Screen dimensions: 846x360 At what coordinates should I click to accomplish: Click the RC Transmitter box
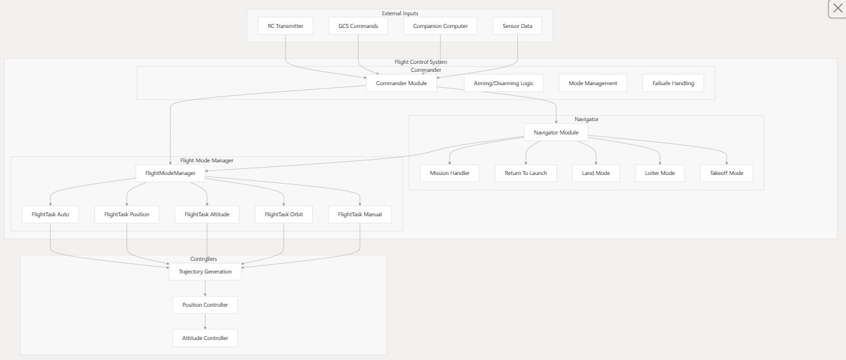click(x=285, y=26)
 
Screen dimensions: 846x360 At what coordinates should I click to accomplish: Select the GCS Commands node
click(x=358, y=26)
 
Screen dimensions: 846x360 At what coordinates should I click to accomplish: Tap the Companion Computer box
click(x=440, y=26)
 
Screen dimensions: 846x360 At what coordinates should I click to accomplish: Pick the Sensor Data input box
click(x=517, y=26)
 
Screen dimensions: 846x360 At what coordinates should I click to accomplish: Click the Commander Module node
click(x=401, y=84)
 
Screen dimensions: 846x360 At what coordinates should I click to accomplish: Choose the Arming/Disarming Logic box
click(x=503, y=84)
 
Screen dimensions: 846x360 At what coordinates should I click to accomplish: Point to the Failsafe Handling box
click(x=672, y=84)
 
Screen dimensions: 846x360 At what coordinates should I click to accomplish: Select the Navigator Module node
click(x=556, y=132)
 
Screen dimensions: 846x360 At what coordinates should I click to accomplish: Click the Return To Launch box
click(x=525, y=173)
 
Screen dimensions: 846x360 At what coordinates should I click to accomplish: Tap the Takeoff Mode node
click(x=726, y=173)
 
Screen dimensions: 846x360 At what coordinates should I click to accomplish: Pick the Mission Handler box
click(x=449, y=173)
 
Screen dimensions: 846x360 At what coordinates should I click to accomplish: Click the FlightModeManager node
click(x=170, y=173)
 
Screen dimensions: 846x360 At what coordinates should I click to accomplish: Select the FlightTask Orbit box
click(x=284, y=214)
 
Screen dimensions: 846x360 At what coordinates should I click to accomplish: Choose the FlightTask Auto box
click(x=50, y=214)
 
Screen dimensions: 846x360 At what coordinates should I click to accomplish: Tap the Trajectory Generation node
click(x=205, y=271)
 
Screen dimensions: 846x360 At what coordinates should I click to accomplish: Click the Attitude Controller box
click(x=205, y=338)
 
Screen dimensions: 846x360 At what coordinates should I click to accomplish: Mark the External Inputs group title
click(x=399, y=13)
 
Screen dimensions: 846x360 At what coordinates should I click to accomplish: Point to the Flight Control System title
click(x=421, y=62)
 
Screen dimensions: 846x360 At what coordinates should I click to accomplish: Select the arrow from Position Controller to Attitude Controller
click(x=205, y=321)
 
